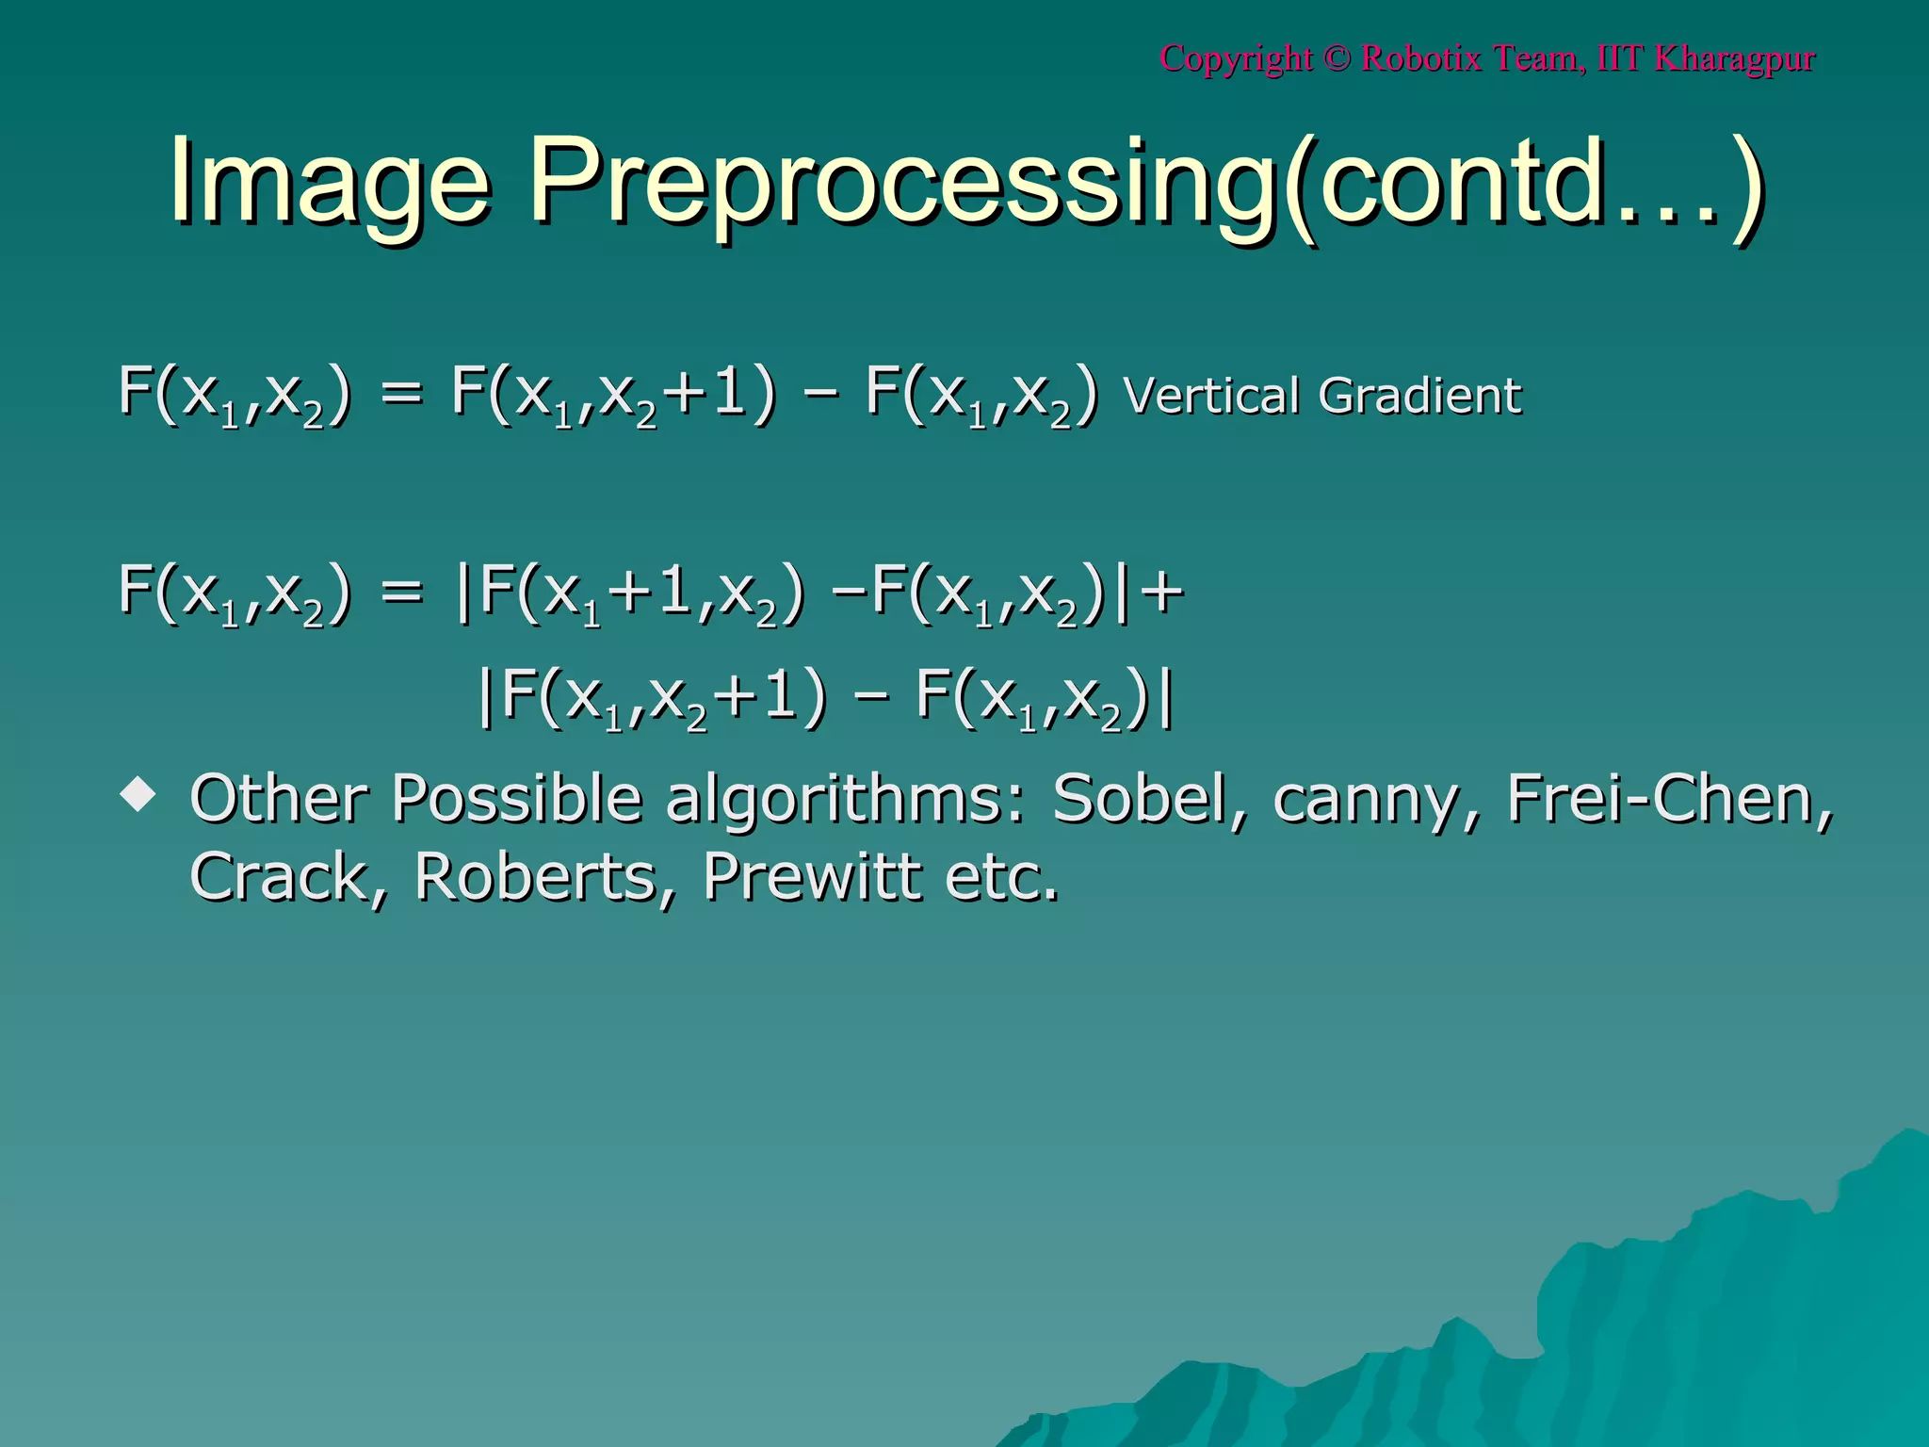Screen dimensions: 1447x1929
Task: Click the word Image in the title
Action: pyautogui.click(x=330, y=182)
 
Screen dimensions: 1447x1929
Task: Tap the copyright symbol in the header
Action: pyautogui.click(x=1337, y=58)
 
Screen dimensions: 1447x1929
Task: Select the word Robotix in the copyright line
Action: pyautogui.click(x=1421, y=58)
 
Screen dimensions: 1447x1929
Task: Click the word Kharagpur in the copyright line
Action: pyautogui.click(x=1734, y=58)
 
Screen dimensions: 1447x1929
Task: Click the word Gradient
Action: pyautogui.click(x=1419, y=396)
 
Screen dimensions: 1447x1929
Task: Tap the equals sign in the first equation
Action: pyautogui.click(x=402, y=396)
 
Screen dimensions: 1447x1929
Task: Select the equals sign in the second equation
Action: pyautogui.click(x=402, y=593)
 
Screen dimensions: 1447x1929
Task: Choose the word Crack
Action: pyautogui.click(x=288, y=877)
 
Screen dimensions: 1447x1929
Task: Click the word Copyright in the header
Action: pyautogui.click(x=1236, y=58)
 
